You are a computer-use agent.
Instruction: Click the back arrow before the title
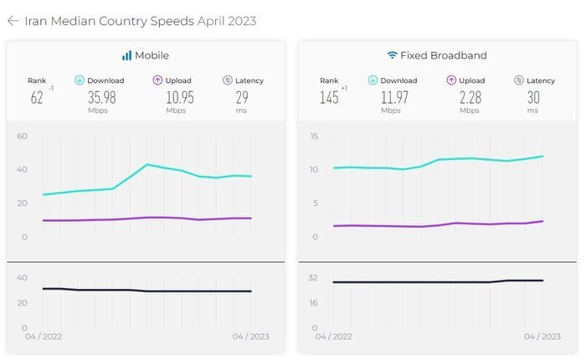click(13, 21)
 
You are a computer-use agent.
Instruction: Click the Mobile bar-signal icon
click(126, 55)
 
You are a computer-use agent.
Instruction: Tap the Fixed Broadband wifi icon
click(392, 55)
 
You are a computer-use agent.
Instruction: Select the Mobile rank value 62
click(37, 98)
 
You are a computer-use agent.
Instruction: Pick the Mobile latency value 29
click(242, 97)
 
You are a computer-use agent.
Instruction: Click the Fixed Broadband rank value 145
click(328, 98)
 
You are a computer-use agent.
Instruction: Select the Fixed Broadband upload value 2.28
click(469, 97)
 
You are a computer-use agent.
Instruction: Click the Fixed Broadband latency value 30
click(533, 97)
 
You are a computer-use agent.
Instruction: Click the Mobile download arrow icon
click(80, 80)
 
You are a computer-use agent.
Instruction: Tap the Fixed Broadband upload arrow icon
click(451, 80)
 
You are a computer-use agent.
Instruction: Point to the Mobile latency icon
click(228, 80)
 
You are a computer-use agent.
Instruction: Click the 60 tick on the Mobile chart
click(23, 136)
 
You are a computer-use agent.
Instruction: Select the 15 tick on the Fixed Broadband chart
click(314, 136)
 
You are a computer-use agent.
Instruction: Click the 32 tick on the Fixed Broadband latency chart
click(314, 277)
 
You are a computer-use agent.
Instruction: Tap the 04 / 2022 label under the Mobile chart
click(44, 337)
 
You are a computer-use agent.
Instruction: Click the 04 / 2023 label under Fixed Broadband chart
click(542, 337)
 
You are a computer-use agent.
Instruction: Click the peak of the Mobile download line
click(147, 164)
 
